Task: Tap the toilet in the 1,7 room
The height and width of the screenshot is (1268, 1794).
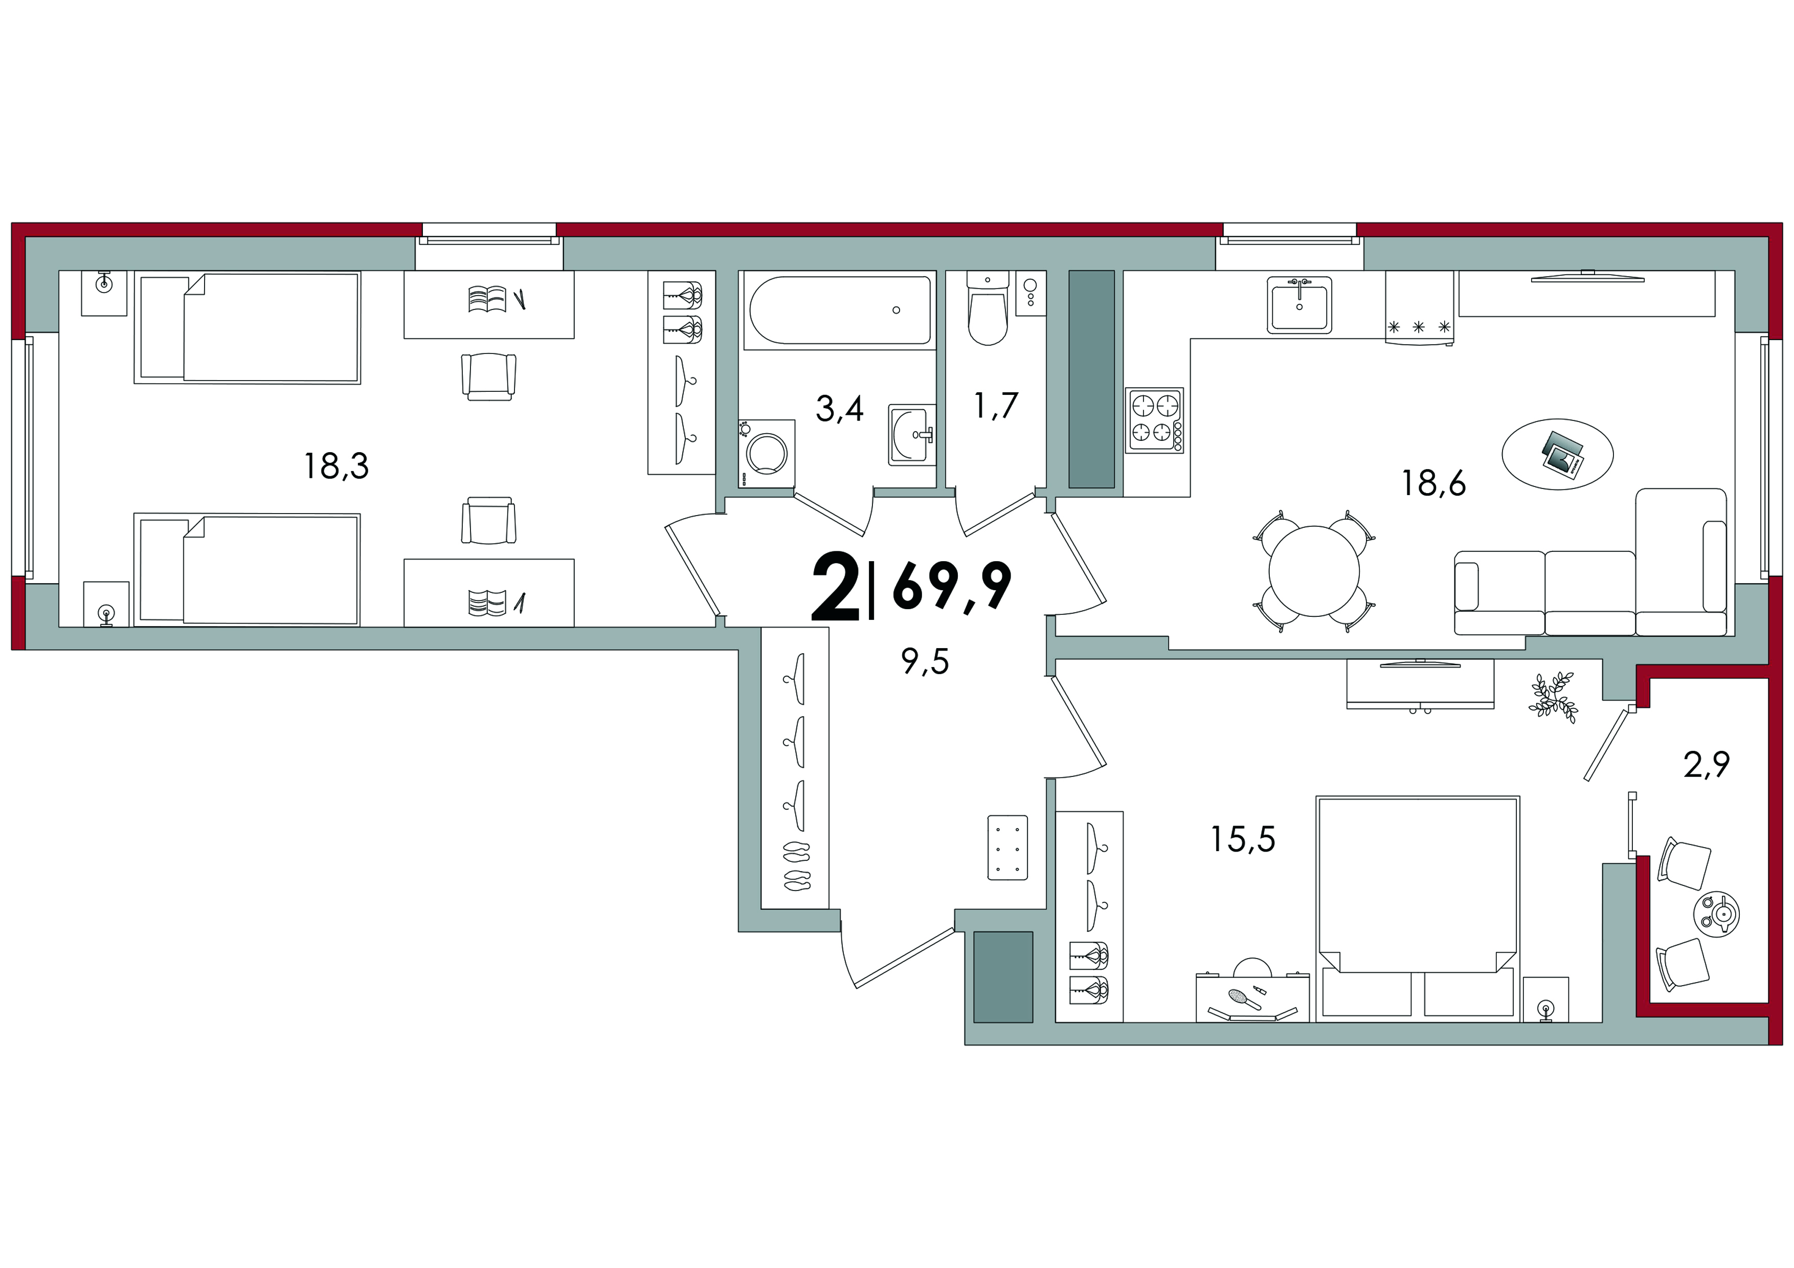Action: tap(988, 308)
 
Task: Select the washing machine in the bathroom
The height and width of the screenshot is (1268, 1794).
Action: tap(767, 454)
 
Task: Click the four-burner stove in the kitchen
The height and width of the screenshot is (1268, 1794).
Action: tap(1155, 420)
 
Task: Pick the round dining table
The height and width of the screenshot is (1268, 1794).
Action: tap(1314, 572)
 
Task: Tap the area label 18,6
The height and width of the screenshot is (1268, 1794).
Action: tap(1433, 483)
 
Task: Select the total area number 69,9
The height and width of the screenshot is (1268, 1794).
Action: tap(952, 586)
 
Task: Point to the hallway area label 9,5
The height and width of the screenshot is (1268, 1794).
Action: tap(925, 662)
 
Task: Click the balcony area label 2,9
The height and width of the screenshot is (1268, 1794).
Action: tap(1707, 765)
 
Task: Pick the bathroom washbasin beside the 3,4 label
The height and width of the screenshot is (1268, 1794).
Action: tap(912, 434)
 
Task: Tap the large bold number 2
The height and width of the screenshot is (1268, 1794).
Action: tap(835, 586)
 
